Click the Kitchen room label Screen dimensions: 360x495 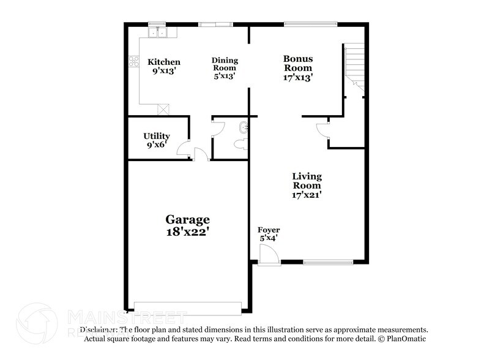pyautogui.click(x=164, y=62)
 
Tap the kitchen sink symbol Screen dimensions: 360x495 pyautogui.click(x=158, y=31)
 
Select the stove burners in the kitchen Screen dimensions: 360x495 pyautogui.click(x=133, y=61)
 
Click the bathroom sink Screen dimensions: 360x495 pyautogui.click(x=243, y=127)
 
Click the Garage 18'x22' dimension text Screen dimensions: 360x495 pyautogui.click(x=187, y=232)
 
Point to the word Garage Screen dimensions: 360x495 pyautogui.click(x=187, y=219)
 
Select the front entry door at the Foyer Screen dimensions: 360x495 pyautogui.click(x=268, y=255)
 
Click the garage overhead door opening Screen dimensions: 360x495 pyautogui.click(x=188, y=307)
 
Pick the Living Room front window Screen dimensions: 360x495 pyautogui.click(x=327, y=262)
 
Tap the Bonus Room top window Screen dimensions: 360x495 pyautogui.click(x=310, y=24)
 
